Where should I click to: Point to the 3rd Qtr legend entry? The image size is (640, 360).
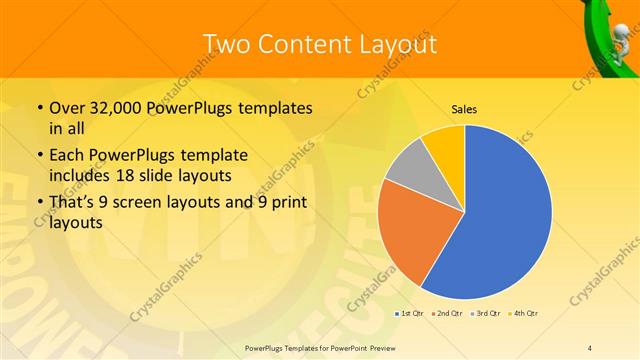pyautogui.click(x=487, y=314)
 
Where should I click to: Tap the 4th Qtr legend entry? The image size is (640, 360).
pyautogui.click(x=524, y=314)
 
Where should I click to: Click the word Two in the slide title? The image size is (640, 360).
pyautogui.click(x=228, y=44)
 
